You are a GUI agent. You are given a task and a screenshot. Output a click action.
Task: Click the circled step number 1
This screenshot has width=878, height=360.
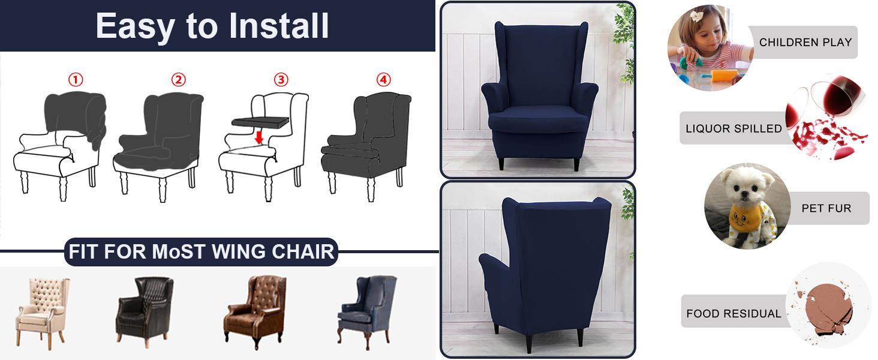tap(75, 80)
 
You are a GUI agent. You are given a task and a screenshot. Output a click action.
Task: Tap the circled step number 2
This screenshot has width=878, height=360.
tap(178, 80)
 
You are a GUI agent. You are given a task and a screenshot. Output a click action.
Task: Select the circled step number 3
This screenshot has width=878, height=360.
tap(281, 80)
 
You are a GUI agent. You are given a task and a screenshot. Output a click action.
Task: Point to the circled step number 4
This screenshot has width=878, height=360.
tap(383, 80)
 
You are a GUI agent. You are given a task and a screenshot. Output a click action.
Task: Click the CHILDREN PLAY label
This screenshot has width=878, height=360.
tap(805, 43)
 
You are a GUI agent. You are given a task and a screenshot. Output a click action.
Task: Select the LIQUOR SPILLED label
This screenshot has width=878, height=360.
tap(733, 128)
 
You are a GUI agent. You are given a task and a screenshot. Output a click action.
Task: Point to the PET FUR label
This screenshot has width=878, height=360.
tap(826, 208)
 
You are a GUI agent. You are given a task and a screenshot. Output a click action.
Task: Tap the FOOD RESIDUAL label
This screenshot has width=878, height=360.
tap(733, 313)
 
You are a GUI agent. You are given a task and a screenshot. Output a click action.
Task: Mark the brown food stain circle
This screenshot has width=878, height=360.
tap(828, 306)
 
